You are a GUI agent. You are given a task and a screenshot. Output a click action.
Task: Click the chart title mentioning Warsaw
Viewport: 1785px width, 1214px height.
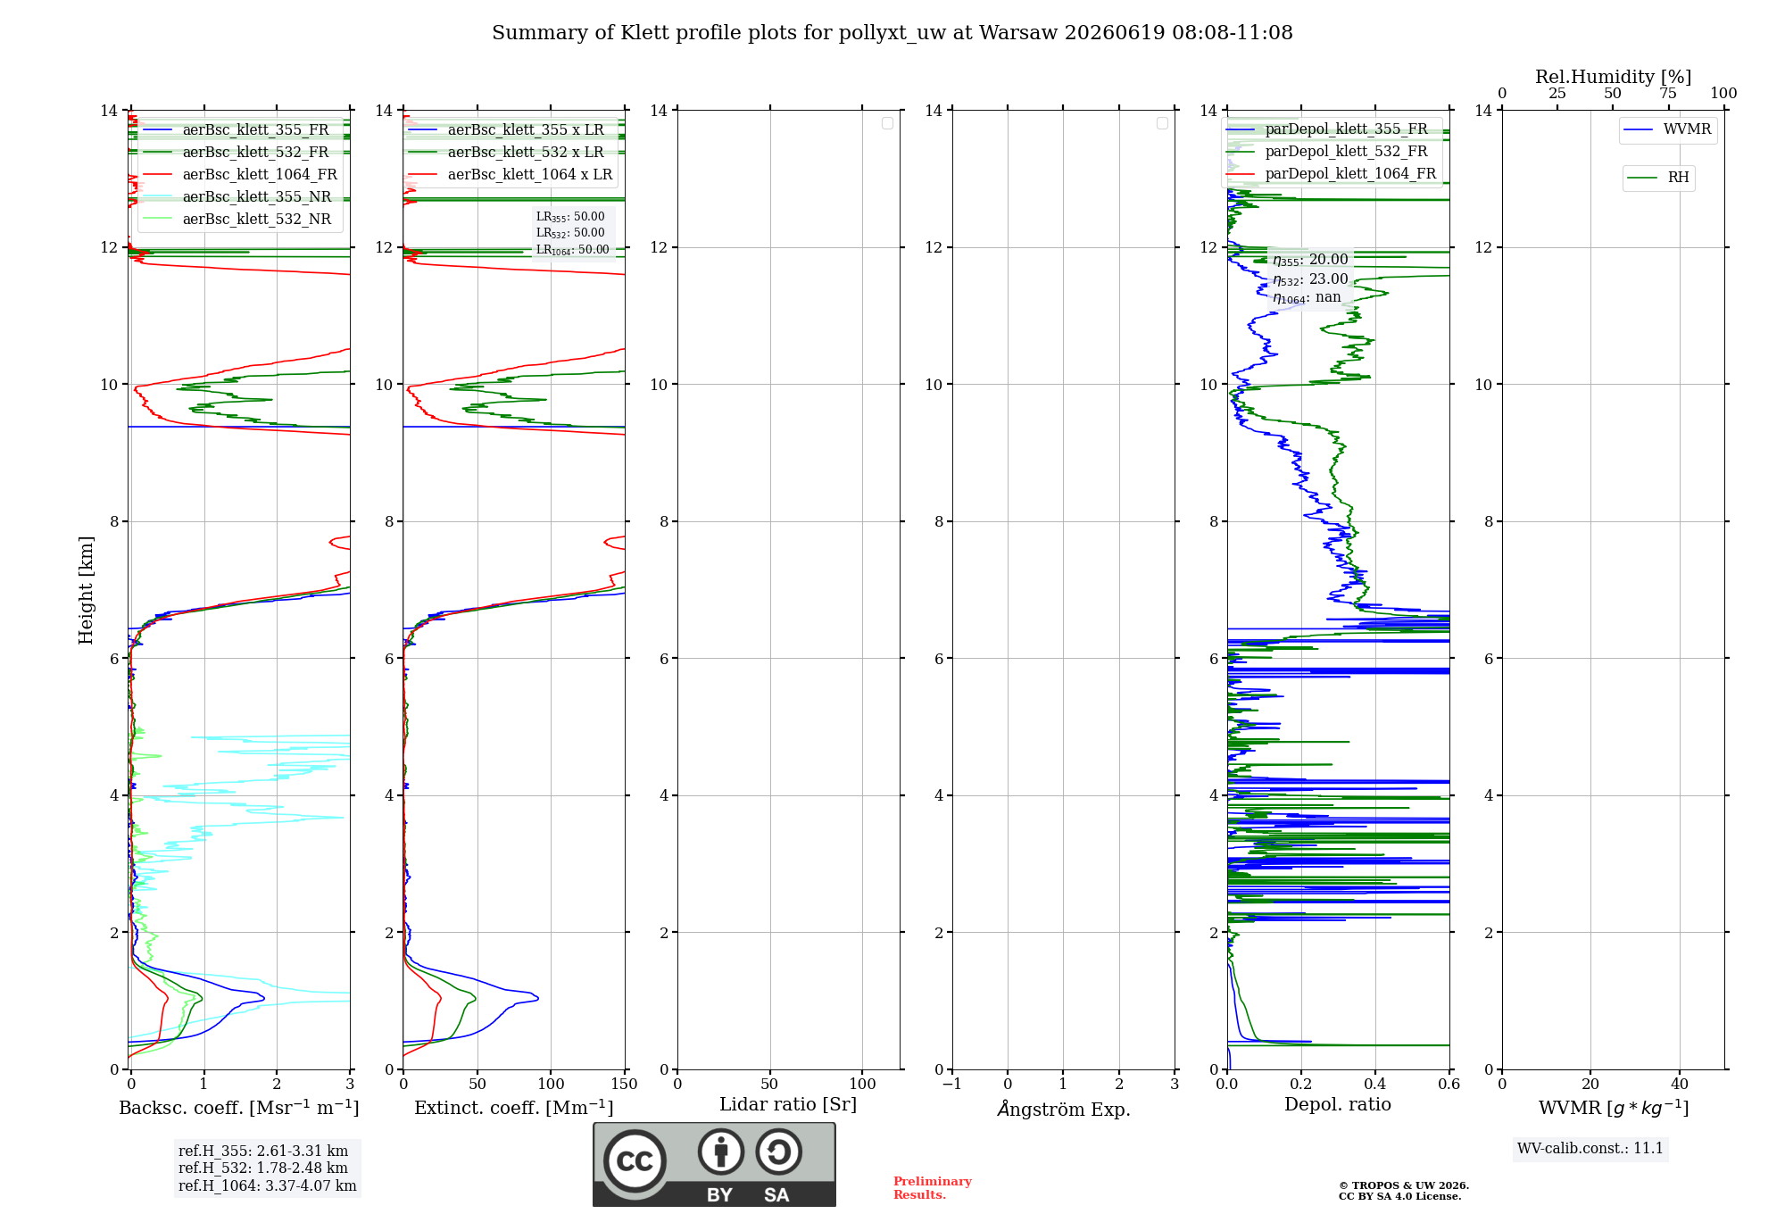tap(892, 33)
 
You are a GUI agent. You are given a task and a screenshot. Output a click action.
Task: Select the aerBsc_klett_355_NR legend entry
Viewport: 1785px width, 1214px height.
tap(237, 196)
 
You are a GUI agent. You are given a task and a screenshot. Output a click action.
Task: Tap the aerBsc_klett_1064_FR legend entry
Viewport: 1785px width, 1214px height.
tap(240, 174)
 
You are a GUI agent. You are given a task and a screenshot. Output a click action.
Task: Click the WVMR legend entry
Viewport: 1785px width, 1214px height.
tap(1668, 129)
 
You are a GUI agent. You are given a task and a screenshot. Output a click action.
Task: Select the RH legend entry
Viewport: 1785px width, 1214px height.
tap(1658, 178)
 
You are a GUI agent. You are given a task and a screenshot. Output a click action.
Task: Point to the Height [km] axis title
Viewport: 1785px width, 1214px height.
tap(86, 590)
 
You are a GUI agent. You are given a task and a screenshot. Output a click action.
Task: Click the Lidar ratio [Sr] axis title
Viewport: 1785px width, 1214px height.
tap(788, 1105)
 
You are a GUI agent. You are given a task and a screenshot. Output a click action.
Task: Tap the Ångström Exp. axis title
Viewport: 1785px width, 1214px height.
tap(1064, 1109)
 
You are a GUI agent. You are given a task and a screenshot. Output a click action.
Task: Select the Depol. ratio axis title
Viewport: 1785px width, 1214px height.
tap(1338, 1105)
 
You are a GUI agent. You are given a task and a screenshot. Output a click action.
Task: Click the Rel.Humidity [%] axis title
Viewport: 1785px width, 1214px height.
tap(1614, 77)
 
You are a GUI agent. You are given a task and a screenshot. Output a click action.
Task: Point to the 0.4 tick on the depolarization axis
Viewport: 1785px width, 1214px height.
tap(1375, 1084)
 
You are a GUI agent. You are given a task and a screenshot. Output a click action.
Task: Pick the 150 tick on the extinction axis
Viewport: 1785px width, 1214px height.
tap(625, 1084)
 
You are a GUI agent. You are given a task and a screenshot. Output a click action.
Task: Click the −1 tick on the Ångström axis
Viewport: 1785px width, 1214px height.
tap(952, 1084)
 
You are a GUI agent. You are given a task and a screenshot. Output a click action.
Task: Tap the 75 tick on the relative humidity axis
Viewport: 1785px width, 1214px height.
tap(1668, 93)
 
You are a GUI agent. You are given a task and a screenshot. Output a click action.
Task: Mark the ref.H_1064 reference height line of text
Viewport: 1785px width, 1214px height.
tap(268, 1186)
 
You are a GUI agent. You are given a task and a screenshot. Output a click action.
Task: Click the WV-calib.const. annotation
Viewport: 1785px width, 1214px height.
tap(1590, 1148)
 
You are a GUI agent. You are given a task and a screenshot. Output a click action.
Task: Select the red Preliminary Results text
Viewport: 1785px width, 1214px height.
tap(933, 1188)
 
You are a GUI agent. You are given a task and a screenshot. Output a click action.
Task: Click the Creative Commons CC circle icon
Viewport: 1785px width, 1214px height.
tap(635, 1161)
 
